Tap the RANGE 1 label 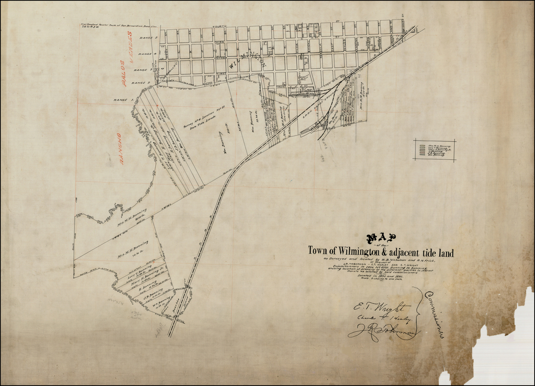click(x=121, y=100)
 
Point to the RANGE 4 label click(x=145, y=54)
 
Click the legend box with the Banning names click(x=435, y=150)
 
